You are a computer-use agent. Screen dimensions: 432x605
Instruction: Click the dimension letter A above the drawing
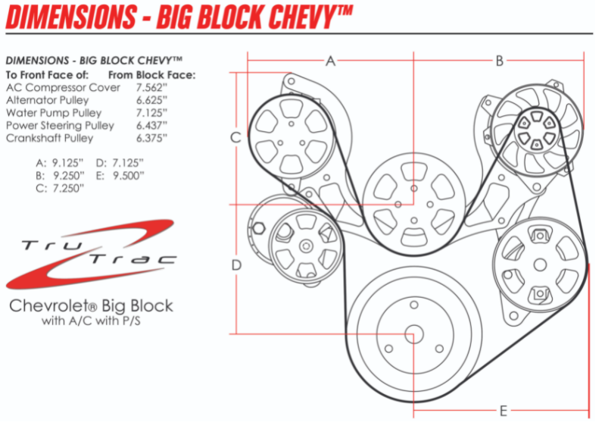tap(330, 61)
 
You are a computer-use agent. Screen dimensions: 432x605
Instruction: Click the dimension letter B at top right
tap(499, 61)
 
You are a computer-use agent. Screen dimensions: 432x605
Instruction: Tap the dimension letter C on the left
tap(235, 137)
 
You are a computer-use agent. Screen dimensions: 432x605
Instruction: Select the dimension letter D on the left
tap(236, 265)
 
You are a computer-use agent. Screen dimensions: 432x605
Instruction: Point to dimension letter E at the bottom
tap(502, 412)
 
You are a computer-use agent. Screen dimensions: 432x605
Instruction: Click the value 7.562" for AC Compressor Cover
tap(151, 88)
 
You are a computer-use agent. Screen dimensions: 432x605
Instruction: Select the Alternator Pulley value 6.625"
tap(151, 101)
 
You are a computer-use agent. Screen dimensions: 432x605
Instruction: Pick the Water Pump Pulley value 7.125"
tap(151, 113)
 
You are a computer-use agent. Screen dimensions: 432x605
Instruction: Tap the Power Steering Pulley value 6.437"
tap(151, 126)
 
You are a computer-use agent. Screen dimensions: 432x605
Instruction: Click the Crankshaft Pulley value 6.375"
tap(151, 139)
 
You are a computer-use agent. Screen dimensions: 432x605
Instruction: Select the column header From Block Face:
tap(152, 75)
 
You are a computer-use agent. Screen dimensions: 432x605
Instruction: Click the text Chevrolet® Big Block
tap(91, 306)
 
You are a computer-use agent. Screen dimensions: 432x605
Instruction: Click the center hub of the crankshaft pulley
tap(413, 333)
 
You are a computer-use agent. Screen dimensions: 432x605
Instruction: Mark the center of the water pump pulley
tap(413, 203)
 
